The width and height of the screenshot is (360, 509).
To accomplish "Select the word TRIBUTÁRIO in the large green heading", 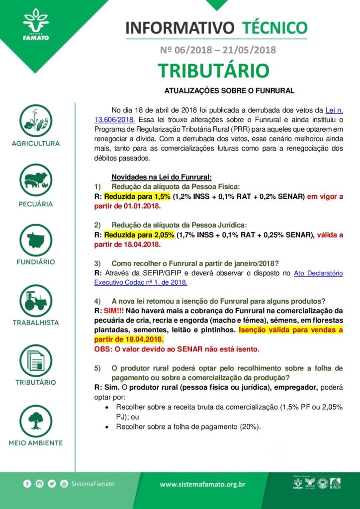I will pos(214,71).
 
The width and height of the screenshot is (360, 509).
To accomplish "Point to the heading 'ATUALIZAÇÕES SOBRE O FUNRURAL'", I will pos(229,91).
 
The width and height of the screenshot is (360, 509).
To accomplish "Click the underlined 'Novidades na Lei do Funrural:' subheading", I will pos(162,177).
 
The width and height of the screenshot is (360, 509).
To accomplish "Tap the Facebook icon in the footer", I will pos(27,483).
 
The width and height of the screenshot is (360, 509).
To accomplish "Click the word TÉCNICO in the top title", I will pos(274,27).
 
